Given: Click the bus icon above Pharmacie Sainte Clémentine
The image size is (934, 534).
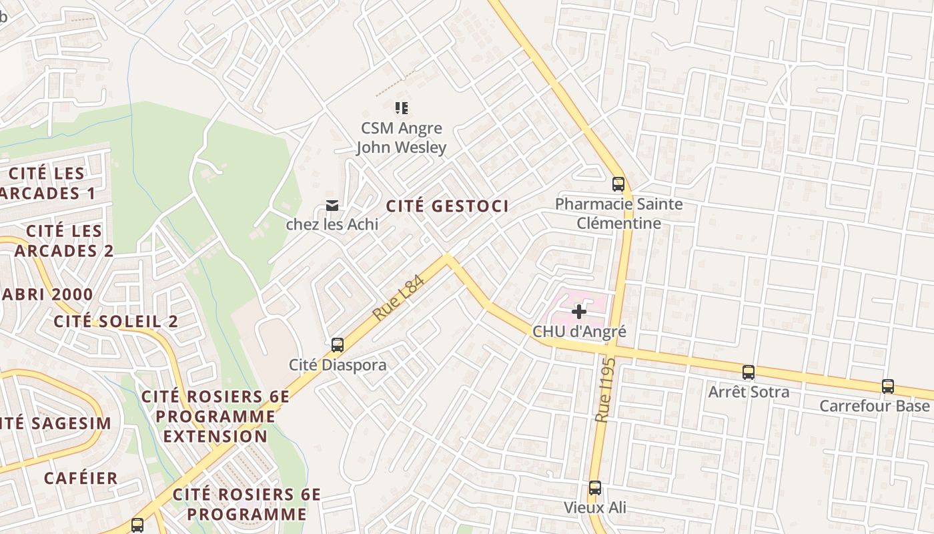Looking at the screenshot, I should [x=618, y=184].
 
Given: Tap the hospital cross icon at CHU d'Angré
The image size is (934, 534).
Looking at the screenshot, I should [x=579, y=311].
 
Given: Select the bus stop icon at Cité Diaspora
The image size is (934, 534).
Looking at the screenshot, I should [x=338, y=345].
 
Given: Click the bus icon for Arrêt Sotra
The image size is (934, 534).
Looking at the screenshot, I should [x=749, y=372].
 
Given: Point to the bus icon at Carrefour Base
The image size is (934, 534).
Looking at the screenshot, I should [x=888, y=386].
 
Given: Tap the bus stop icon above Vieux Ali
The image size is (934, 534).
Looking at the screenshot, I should [x=595, y=488].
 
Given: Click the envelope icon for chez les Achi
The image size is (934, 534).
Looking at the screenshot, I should [x=332, y=205].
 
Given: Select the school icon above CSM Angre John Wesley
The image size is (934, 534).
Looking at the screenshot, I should [x=401, y=107].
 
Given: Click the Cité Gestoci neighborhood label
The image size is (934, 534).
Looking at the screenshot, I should [x=447, y=206].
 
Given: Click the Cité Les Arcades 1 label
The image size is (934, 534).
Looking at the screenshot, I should [x=47, y=184].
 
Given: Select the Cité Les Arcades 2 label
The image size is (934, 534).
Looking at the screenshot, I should [x=64, y=241].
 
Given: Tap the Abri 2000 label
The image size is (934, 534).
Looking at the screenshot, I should [x=47, y=294].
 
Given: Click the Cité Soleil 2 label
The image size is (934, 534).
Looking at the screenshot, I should [x=115, y=321].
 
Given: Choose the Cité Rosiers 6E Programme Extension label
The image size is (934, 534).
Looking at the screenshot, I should [x=215, y=417].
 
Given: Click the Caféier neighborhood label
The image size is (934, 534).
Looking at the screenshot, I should [x=81, y=478].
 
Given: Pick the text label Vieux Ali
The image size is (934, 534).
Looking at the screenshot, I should [x=595, y=507].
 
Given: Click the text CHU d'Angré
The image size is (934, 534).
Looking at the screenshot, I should [x=579, y=331].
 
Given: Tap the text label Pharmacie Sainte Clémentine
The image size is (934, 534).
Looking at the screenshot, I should [x=618, y=214].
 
